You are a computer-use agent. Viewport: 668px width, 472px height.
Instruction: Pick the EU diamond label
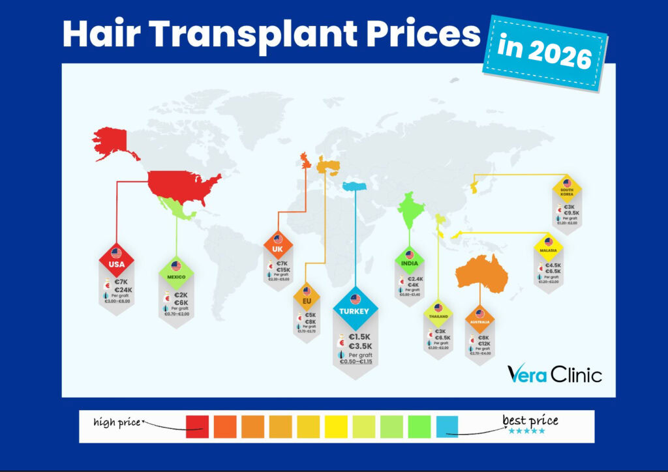pos(307,297)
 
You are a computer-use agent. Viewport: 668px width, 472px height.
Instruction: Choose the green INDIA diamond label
pos(410,260)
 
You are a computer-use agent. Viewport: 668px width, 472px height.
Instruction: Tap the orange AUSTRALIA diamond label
pos(480,318)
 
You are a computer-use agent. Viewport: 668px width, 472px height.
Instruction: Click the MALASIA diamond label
pos(548,246)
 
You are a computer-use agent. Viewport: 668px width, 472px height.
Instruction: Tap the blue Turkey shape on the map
pos(354,186)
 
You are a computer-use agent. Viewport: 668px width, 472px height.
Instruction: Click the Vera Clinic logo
pos(554,374)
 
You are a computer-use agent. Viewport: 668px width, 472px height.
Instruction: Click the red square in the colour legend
pos(197,426)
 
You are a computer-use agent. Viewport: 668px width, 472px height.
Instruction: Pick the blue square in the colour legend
pos(448,426)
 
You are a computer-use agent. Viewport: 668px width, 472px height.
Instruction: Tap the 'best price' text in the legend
pos(530,420)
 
